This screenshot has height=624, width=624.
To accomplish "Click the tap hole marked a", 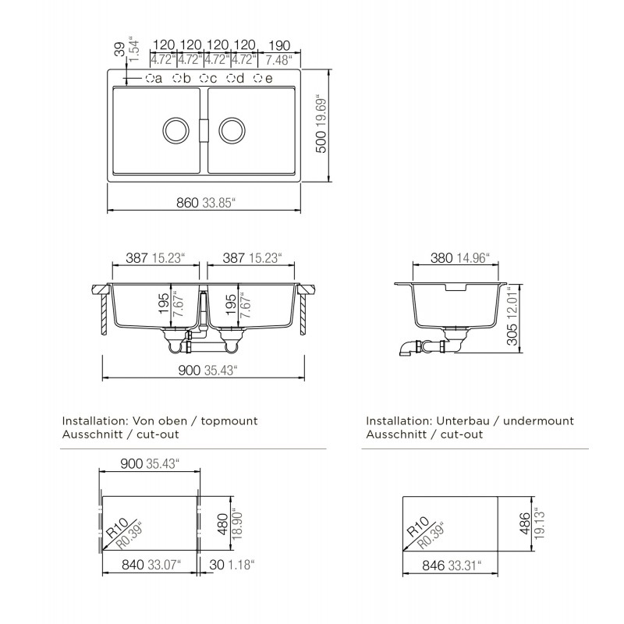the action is (150, 78).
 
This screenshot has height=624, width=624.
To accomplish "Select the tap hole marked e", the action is (259, 78).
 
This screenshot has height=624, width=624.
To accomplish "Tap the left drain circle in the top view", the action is (175, 130).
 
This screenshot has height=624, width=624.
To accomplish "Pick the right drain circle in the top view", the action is (232, 130).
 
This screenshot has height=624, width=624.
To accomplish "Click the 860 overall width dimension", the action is (187, 203).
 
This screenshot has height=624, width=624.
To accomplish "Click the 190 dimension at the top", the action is (279, 45).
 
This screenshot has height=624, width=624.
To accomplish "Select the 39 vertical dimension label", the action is (120, 50).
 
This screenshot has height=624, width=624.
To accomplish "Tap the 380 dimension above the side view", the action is (441, 258).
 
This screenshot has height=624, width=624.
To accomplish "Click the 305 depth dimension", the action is (512, 335).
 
